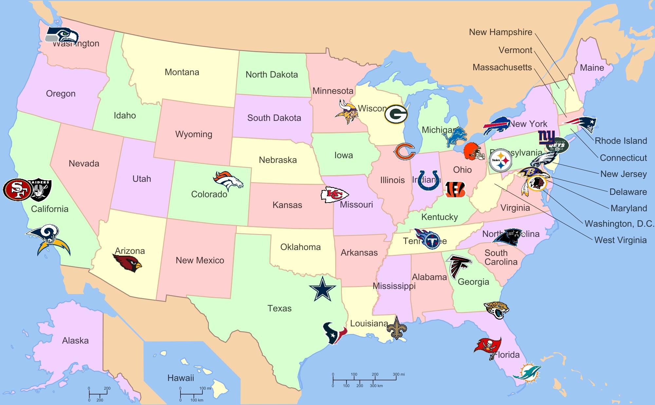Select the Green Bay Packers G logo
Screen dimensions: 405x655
point(396,114)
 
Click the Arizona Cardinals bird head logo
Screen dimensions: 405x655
point(127,263)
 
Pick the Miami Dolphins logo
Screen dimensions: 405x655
point(527,373)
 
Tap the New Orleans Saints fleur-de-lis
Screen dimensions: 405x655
point(397,328)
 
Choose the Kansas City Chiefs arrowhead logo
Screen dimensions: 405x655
point(334,195)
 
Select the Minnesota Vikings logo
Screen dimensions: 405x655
point(346,112)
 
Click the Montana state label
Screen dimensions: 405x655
point(182,72)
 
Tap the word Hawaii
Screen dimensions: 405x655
point(181,378)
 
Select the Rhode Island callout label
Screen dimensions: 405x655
point(621,141)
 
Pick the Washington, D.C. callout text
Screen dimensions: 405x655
point(619,224)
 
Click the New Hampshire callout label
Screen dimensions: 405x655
point(500,32)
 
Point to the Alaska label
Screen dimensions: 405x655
point(75,340)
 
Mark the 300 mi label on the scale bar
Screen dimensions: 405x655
point(399,374)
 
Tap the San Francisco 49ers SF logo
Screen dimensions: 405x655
point(17,189)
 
